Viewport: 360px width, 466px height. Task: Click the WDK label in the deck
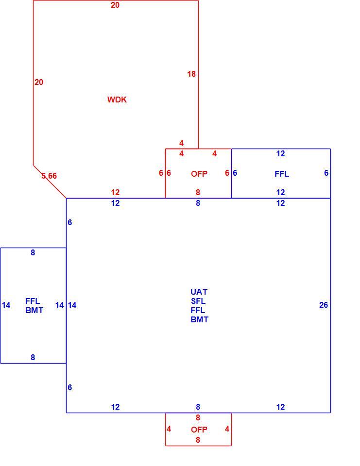(x=117, y=100)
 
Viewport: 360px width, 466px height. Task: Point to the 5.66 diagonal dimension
(x=49, y=176)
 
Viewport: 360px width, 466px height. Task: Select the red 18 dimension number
(x=191, y=74)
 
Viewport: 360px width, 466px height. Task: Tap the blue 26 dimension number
(x=324, y=305)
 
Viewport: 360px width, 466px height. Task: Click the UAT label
(x=199, y=292)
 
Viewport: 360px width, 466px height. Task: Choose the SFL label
(x=198, y=301)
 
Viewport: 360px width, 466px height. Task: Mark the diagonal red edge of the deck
(x=50, y=182)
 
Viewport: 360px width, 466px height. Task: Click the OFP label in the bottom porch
(x=199, y=430)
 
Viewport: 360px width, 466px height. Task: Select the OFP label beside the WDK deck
(x=199, y=174)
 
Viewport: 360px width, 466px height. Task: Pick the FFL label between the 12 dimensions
(x=282, y=174)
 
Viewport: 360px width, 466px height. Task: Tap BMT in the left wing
(x=34, y=310)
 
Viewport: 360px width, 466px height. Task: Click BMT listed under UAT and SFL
(x=199, y=319)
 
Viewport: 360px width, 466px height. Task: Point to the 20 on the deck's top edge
(x=115, y=5)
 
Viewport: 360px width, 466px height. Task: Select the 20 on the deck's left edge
(x=39, y=83)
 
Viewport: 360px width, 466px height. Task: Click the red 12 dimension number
(x=115, y=193)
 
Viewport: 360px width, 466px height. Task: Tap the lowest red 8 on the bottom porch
(x=198, y=440)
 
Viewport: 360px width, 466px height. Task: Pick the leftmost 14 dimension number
(x=6, y=305)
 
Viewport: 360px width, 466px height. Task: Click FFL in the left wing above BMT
(x=33, y=301)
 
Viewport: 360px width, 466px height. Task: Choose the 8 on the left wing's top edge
(x=33, y=252)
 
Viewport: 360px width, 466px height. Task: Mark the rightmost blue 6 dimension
(x=326, y=173)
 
